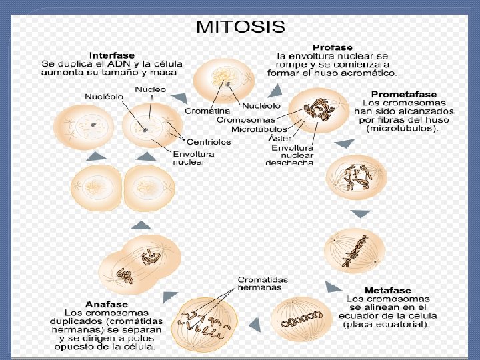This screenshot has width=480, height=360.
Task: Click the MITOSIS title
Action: [x=240, y=28]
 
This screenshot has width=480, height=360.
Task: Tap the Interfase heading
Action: [x=112, y=55]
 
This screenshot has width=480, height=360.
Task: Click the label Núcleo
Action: [x=151, y=89]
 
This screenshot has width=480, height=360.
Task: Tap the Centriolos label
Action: [x=209, y=142]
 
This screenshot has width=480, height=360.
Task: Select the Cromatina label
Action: [x=207, y=111]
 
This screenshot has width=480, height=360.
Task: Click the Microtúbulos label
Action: [x=259, y=129]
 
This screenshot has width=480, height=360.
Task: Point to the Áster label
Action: [x=279, y=138]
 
